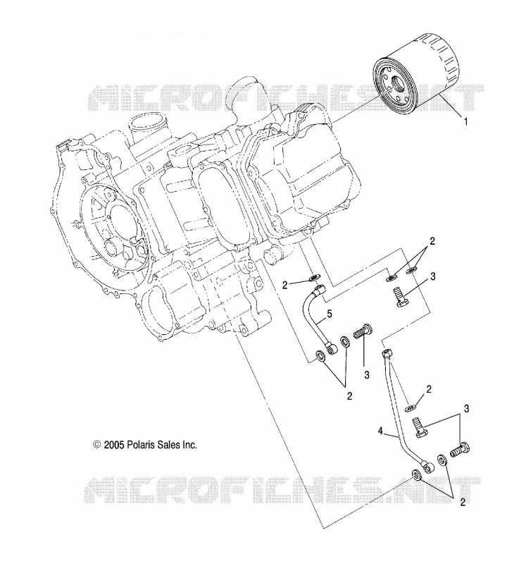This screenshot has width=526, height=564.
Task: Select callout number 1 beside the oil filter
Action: click(465, 121)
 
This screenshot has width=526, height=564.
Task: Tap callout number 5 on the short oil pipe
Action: click(330, 314)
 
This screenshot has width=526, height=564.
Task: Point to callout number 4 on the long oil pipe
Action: click(380, 431)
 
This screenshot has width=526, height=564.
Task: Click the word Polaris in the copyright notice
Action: click(142, 445)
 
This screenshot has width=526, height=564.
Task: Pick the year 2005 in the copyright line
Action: click(114, 445)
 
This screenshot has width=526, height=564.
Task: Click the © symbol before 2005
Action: click(96, 445)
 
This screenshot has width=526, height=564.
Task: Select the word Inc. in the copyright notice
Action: click(190, 445)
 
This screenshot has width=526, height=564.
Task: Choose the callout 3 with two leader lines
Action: click(466, 409)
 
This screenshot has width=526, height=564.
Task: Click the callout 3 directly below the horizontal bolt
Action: click(366, 375)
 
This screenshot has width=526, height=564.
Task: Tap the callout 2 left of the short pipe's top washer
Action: click(285, 286)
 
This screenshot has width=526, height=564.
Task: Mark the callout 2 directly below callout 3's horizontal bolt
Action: click(349, 396)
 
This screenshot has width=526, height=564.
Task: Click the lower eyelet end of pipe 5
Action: click(330, 348)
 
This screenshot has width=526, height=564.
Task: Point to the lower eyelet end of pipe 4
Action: click(428, 467)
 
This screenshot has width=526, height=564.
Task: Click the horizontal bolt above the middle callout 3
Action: click(363, 331)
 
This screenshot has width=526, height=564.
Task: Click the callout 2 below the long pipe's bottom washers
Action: click(463, 502)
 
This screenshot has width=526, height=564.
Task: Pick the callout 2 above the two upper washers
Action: click(432, 241)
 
